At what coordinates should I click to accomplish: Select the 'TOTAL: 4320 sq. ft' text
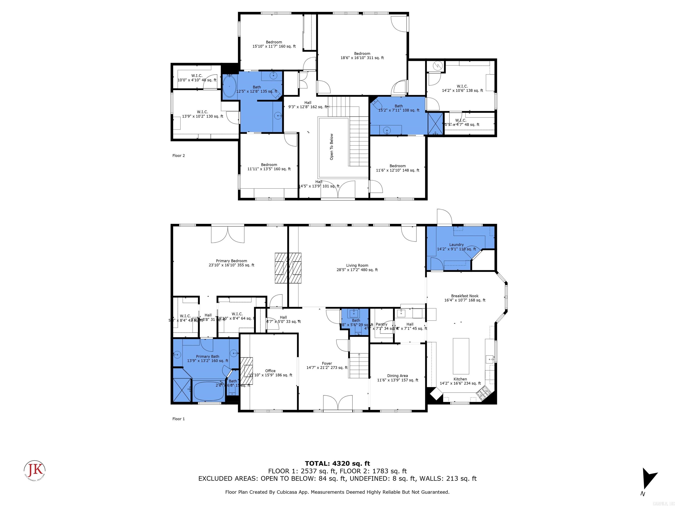click(x=337, y=464)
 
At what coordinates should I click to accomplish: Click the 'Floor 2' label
click(x=178, y=155)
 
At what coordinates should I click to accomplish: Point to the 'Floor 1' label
click(x=178, y=419)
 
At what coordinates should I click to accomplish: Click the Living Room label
click(x=357, y=267)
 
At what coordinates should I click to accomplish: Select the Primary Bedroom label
click(x=231, y=263)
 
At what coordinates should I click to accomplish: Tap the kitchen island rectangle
click(x=461, y=356)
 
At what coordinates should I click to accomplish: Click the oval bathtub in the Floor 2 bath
click(x=229, y=86)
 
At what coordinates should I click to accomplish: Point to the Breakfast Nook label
click(x=465, y=298)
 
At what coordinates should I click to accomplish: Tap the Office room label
click(x=270, y=373)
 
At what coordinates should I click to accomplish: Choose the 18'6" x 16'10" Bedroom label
click(x=362, y=56)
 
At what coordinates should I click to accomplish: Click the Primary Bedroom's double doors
click(x=228, y=235)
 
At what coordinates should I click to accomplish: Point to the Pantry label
click(x=381, y=324)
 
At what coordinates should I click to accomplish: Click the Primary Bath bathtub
click(x=209, y=391)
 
